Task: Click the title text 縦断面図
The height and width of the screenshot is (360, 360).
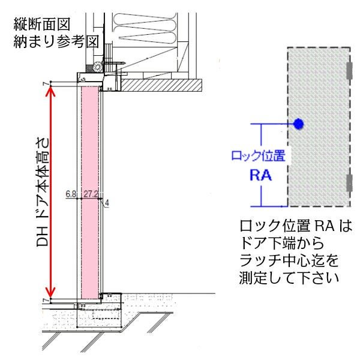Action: (x=42, y=24)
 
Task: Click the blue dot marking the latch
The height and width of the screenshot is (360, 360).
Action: (x=298, y=124)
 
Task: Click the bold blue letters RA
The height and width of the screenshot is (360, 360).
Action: (x=260, y=176)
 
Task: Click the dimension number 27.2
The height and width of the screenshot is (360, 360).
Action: (x=91, y=194)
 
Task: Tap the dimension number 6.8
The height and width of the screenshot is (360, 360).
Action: (x=71, y=194)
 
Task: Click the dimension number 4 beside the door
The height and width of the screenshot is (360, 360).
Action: (x=106, y=203)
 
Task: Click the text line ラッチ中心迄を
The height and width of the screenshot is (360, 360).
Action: (x=288, y=262)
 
